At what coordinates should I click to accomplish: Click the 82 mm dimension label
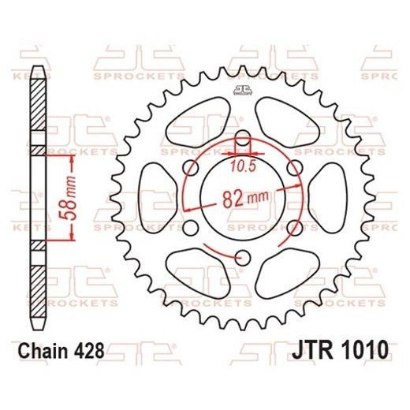tap(239, 200)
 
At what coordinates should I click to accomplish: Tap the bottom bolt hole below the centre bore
tap(243, 256)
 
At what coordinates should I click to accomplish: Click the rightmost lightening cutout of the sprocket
tap(330, 198)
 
